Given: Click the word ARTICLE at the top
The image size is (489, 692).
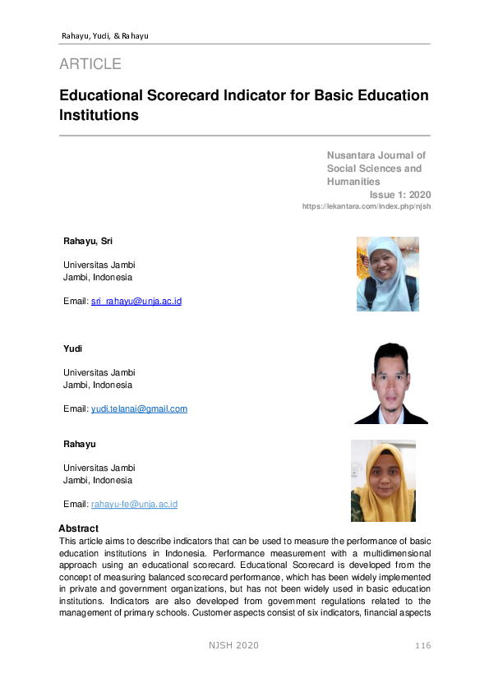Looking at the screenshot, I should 90,64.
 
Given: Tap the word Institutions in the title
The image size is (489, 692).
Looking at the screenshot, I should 99,115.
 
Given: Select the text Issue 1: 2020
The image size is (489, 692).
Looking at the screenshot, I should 400,195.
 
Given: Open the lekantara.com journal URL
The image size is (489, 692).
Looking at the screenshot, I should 367,206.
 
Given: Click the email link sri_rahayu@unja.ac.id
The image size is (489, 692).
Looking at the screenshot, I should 136,302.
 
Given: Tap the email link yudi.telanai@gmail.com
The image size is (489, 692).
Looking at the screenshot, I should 139,408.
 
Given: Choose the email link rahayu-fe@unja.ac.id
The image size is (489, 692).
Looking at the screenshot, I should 134,504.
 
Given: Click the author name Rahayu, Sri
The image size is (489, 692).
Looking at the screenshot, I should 88,241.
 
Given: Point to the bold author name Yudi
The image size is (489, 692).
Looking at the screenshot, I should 73,349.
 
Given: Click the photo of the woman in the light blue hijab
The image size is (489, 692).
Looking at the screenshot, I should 387,274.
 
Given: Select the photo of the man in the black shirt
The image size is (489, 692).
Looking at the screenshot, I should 390,383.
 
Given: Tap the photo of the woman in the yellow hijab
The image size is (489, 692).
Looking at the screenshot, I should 383,481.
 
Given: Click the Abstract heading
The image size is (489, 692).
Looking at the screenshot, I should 79,528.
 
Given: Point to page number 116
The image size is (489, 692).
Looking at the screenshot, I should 422,645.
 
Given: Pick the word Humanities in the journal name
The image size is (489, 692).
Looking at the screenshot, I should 353,181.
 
